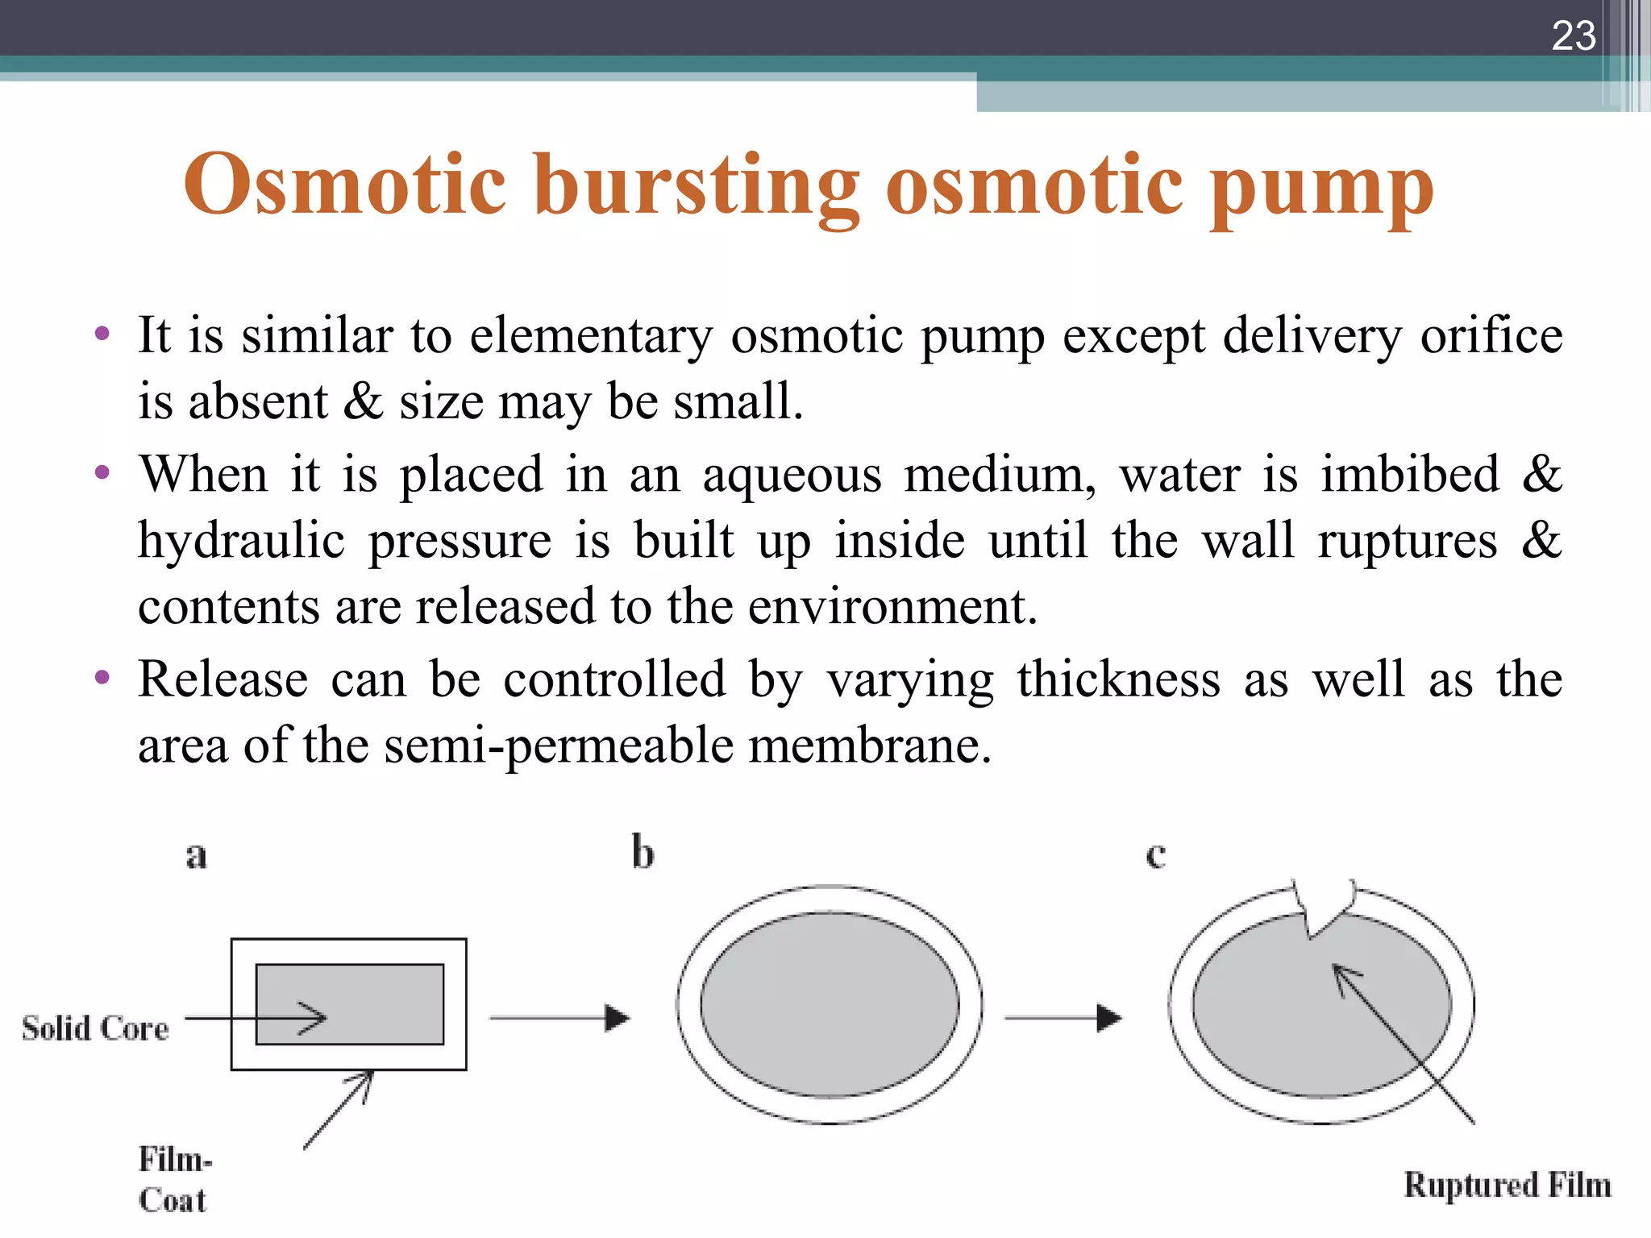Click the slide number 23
click(x=1573, y=36)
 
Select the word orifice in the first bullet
click(x=1491, y=335)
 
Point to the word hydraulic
click(x=241, y=541)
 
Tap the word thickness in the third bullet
click(x=1118, y=679)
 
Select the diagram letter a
click(x=196, y=855)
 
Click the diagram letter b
click(x=643, y=853)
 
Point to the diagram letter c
click(x=1155, y=855)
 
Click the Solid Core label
click(x=95, y=1029)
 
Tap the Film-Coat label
click(x=174, y=1179)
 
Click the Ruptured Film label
click(x=1507, y=1186)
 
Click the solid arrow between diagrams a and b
click(x=559, y=1018)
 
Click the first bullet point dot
click(x=102, y=334)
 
